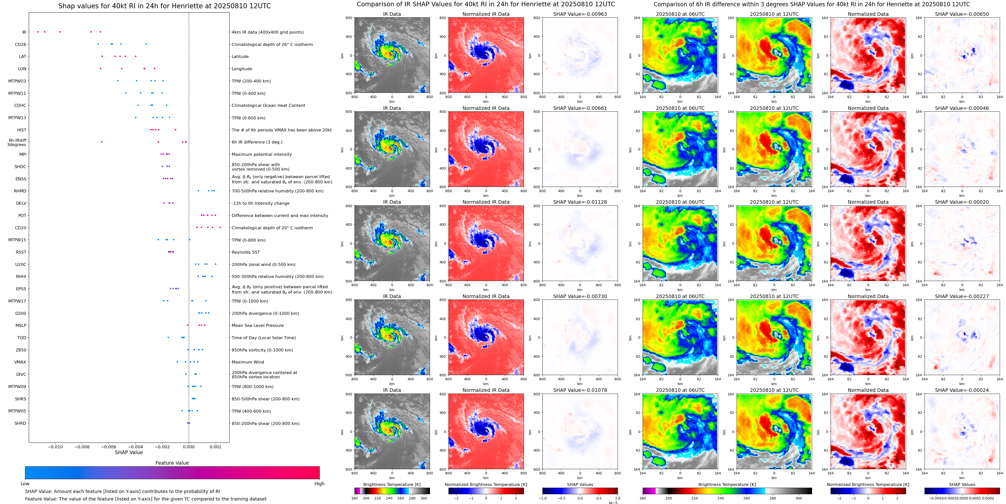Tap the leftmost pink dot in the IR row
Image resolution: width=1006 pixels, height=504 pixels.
click(38, 32)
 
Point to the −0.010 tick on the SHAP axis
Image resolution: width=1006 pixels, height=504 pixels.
click(55, 447)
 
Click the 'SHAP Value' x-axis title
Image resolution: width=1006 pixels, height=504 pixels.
click(129, 452)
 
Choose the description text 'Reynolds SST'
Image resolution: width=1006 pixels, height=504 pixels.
click(245, 252)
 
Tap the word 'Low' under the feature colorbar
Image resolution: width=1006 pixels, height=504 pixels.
click(25, 484)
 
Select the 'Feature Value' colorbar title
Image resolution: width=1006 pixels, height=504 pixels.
click(172, 463)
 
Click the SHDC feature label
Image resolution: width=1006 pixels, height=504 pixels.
click(20, 167)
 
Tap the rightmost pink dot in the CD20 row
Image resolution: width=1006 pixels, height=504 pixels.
click(220, 227)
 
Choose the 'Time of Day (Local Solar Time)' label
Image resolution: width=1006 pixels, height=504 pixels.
click(264, 338)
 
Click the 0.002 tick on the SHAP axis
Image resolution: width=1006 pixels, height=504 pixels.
click(215, 447)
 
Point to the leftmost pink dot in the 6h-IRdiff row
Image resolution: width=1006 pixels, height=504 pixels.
click(102, 142)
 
